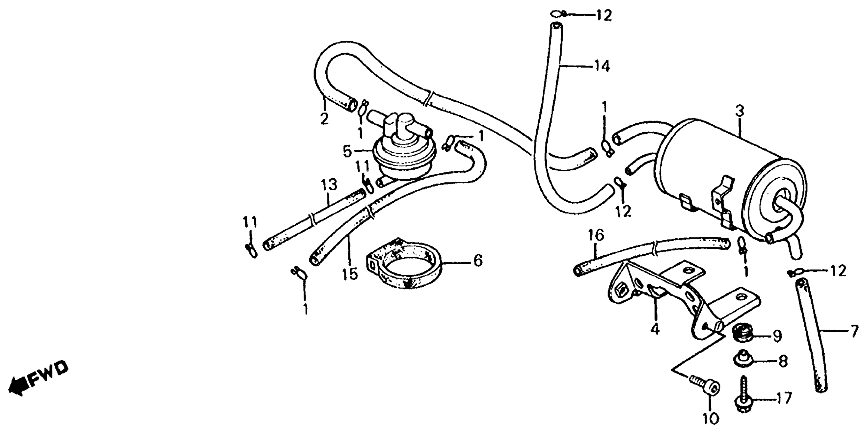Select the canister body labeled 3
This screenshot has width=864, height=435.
coord(721,175)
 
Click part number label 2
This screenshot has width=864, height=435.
coord(324,119)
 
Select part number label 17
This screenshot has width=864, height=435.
coord(785,399)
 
